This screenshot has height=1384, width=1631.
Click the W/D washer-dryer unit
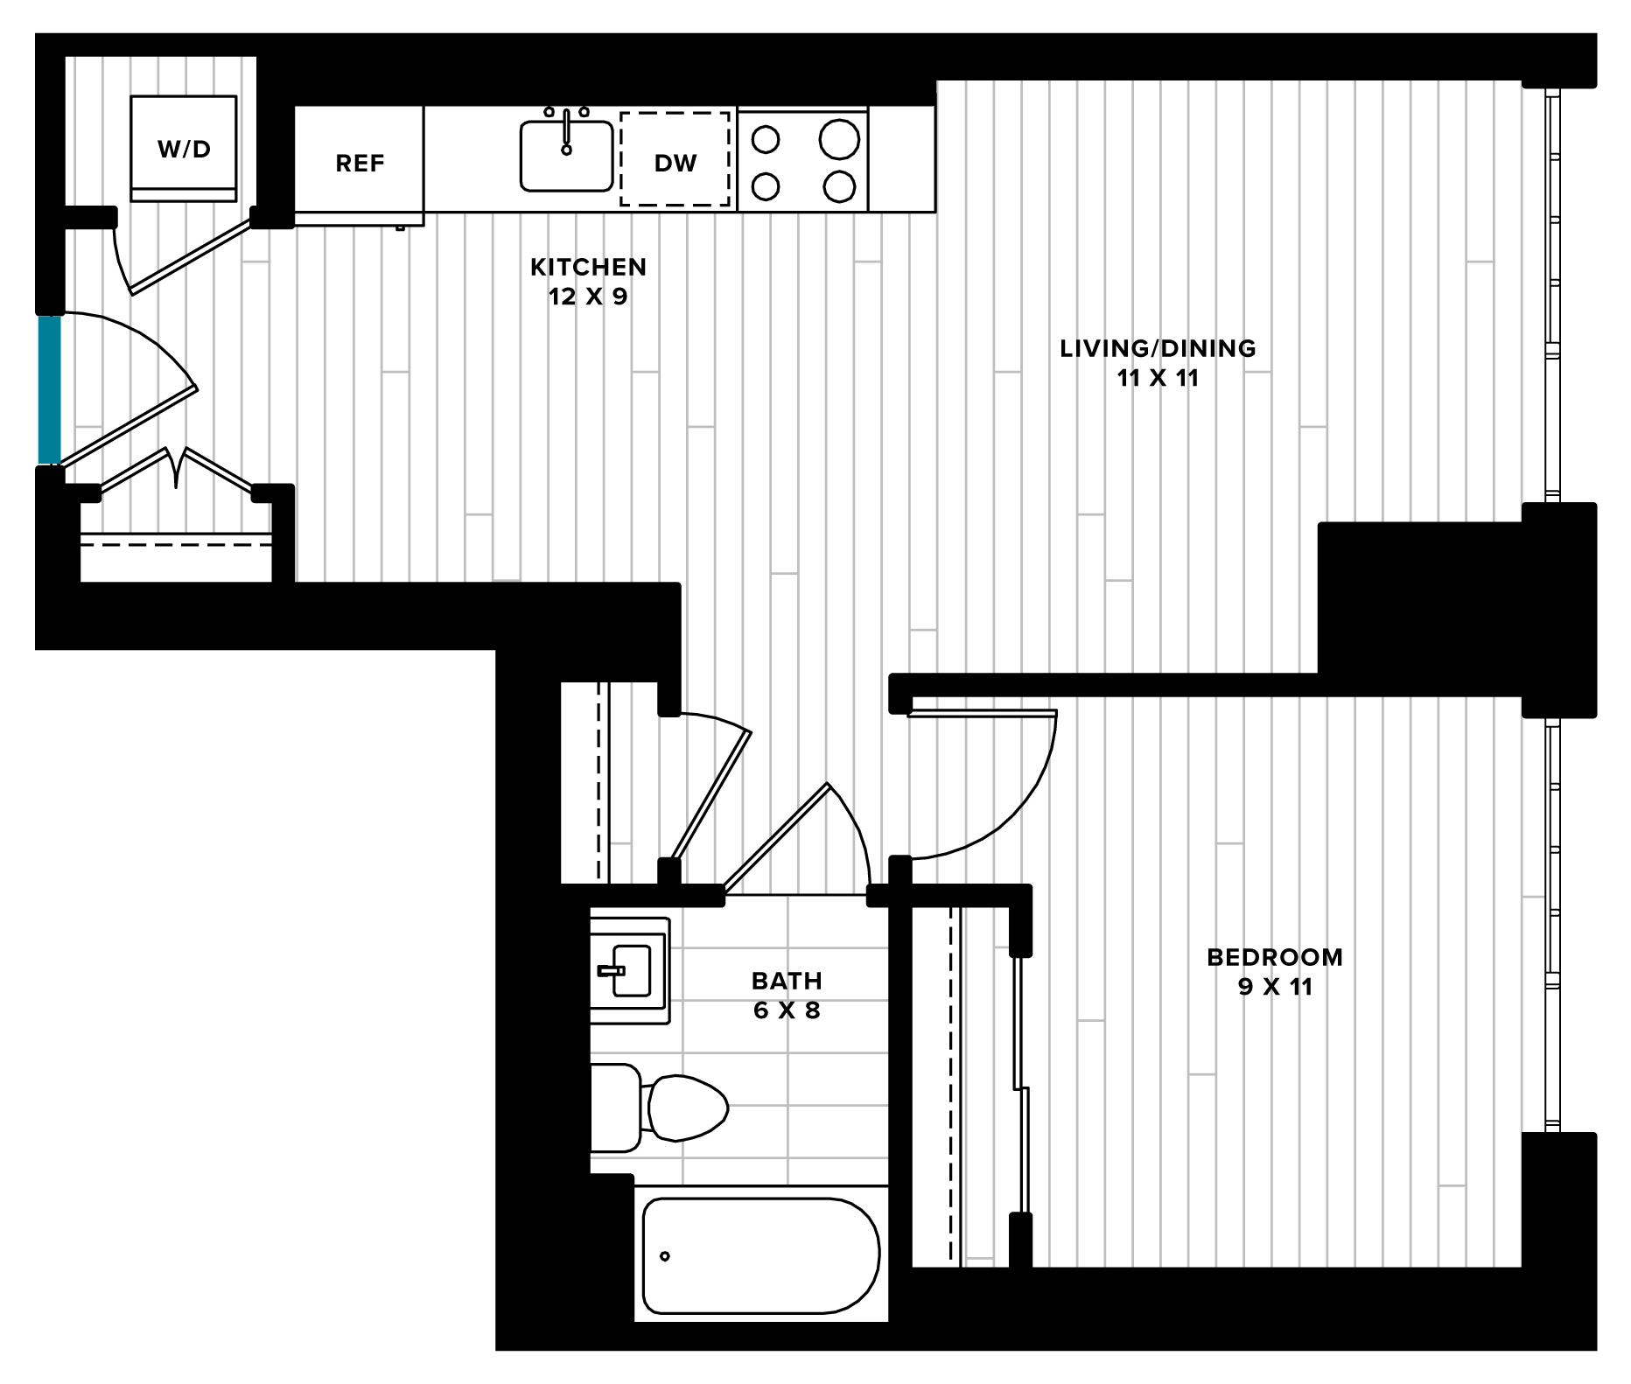184,150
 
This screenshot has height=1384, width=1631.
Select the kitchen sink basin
566,156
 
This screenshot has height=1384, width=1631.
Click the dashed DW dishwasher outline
675,159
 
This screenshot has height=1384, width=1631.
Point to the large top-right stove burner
839,139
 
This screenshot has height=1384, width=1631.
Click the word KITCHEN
588,267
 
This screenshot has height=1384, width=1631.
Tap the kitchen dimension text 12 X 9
588,297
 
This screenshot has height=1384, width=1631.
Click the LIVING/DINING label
1158,348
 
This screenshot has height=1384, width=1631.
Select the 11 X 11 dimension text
1158,378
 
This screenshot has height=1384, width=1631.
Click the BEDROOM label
1275,957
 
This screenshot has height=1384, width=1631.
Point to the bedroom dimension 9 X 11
1275,987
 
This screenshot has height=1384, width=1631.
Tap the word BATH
787,981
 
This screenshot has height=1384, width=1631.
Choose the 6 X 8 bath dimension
787,1010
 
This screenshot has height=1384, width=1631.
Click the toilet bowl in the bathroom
688,1108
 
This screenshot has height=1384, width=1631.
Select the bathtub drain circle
665,1256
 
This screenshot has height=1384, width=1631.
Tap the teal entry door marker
50,390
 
